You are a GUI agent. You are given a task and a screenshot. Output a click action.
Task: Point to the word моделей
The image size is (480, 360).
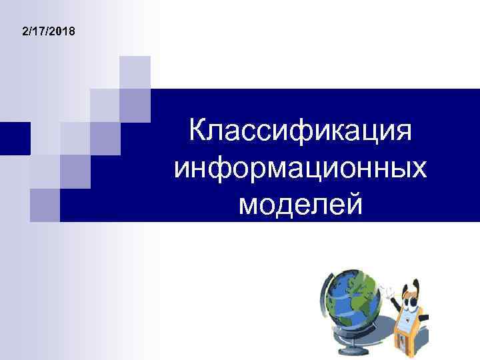coord(301,203)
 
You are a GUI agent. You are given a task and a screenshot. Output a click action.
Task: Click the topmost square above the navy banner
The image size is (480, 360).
coord(135,72)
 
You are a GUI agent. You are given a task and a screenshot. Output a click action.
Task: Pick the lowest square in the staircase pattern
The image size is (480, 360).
coord(45,205)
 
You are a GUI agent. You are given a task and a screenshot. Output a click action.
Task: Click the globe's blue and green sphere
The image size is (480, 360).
coord(350,303)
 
